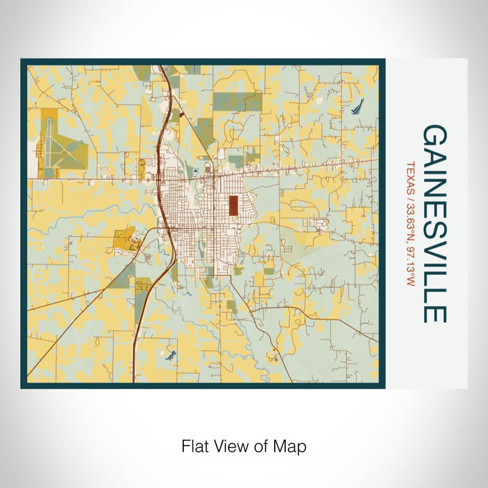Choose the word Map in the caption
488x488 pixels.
pyautogui.click(x=291, y=445)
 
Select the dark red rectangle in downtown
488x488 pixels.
pyautogui.click(x=232, y=205)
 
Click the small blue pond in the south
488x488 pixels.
pyautogui.click(x=169, y=354)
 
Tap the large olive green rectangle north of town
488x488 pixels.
pyautogui.click(x=237, y=101)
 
